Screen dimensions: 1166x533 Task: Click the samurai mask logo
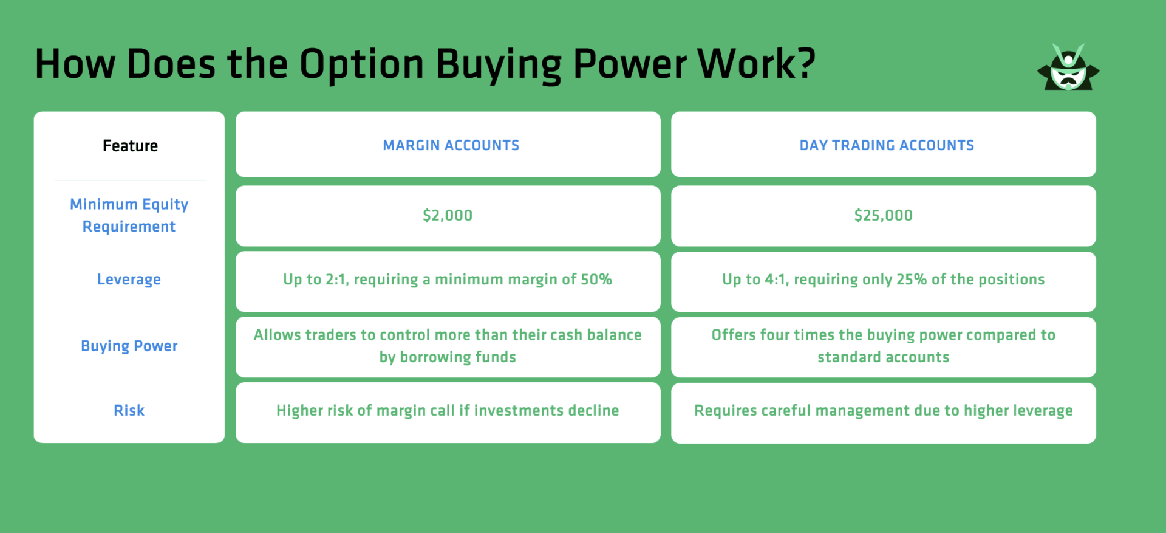click(1068, 67)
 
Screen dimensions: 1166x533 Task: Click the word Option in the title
click(362, 64)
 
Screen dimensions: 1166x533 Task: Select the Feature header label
click(130, 146)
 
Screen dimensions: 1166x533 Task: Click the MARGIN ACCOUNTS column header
click(451, 145)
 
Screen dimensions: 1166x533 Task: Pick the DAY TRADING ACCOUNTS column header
click(887, 145)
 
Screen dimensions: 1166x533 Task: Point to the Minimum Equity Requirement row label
click(129, 215)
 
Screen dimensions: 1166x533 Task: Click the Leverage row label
click(129, 280)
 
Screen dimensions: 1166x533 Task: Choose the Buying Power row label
click(129, 346)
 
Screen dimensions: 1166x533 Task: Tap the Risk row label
click(129, 410)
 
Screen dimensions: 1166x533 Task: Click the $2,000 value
click(448, 215)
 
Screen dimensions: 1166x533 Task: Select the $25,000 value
click(884, 215)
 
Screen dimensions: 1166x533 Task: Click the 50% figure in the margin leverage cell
click(596, 280)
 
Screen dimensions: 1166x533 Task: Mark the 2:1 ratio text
click(337, 280)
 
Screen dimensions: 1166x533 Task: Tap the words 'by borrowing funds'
click(448, 357)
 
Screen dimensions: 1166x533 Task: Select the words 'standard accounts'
click(884, 357)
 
